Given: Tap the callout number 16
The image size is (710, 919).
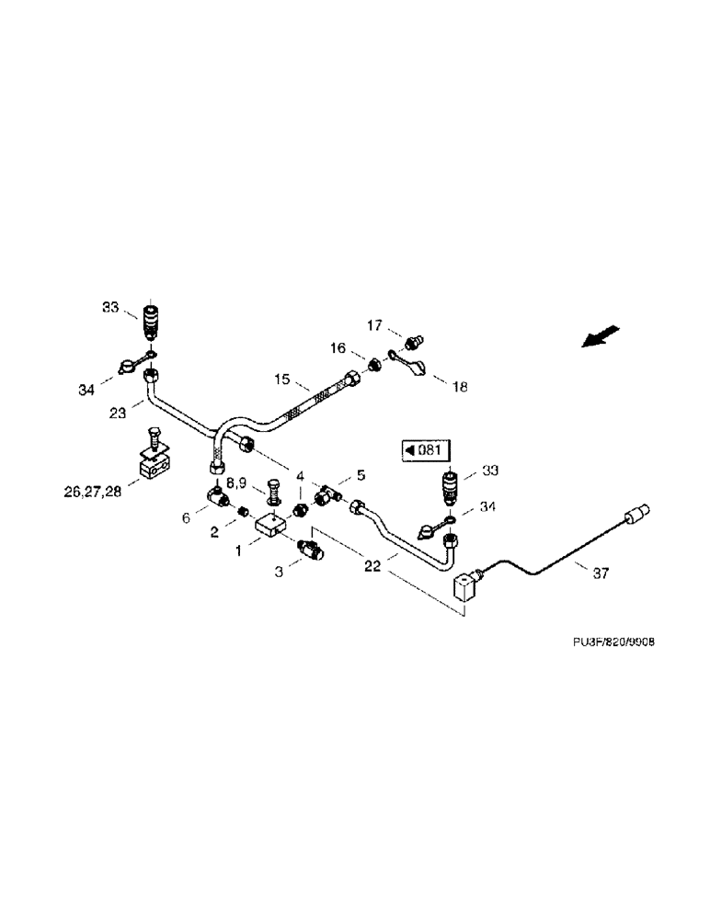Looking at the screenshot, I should tap(338, 348).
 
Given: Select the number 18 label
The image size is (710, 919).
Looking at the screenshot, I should tap(458, 387).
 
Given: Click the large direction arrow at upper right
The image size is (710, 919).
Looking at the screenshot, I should tap(601, 336).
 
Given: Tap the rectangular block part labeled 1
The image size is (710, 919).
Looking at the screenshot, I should tap(270, 527).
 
